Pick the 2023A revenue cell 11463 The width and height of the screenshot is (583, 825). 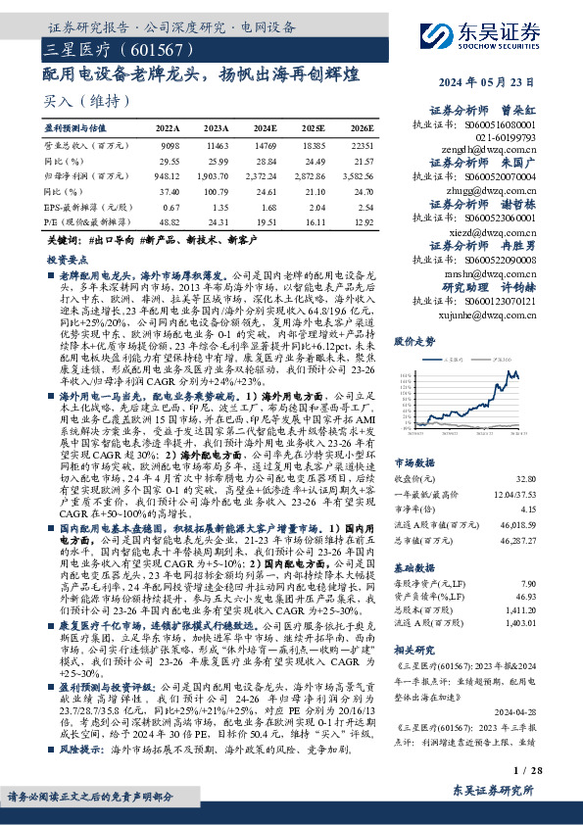pyautogui.click(x=219, y=144)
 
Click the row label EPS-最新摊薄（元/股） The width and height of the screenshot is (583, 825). pyautogui.click(x=91, y=208)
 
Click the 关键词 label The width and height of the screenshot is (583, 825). pyautogui.click(x=64, y=240)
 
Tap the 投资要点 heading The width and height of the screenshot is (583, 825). pyautogui.click(x=67, y=260)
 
